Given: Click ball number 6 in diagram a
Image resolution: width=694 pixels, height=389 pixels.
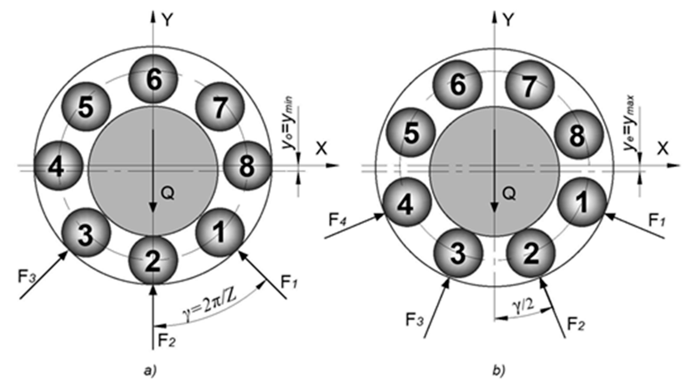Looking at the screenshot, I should (x=153, y=79).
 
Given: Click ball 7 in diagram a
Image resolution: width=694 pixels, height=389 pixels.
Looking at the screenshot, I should (x=220, y=107).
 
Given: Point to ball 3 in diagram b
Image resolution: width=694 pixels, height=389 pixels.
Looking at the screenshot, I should (x=457, y=253).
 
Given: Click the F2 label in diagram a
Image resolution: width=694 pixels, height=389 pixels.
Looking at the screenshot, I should (x=167, y=341).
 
